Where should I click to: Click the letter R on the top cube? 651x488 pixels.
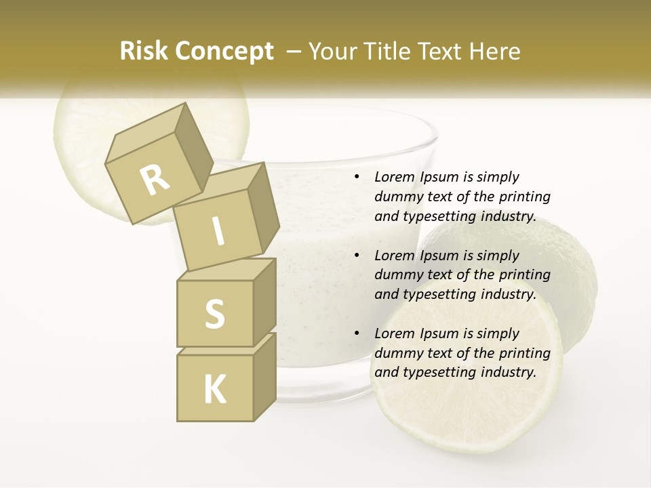pos(155,180)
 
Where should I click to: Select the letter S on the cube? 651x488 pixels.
pos(214,313)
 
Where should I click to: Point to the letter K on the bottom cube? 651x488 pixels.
pos(214,389)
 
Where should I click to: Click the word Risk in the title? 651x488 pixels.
pos(143,52)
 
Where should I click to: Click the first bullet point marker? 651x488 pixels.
pos(357,178)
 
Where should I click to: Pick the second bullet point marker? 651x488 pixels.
pos(357,256)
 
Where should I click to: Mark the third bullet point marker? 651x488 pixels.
pos(357,334)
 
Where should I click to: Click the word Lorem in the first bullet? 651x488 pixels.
pos(393,178)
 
